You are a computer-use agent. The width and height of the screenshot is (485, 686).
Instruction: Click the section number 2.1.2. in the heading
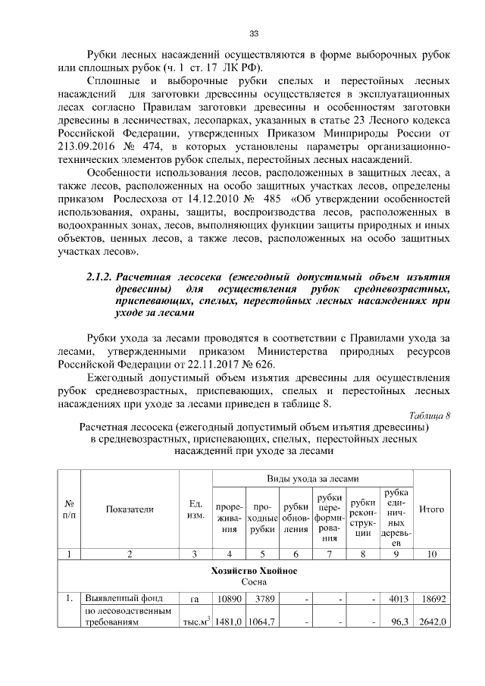click(x=100, y=277)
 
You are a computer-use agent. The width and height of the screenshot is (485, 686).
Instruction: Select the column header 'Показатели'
click(x=130, y=509)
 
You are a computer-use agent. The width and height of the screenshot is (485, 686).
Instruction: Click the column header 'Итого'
click(x=431, y=509)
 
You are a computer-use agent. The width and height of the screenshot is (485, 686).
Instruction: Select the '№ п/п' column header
click(x=69, y=509)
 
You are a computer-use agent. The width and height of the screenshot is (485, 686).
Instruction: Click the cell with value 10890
click(x=228, y=600)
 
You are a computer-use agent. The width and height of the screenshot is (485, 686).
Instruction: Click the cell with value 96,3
click(x=399, y=623)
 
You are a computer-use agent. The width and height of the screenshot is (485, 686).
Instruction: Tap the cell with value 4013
click(x=399, y=600)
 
